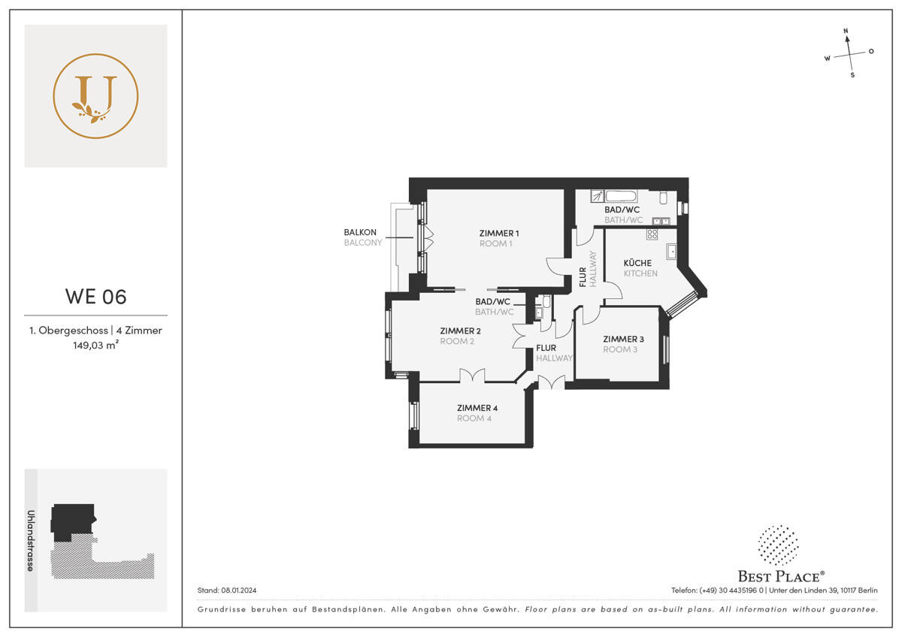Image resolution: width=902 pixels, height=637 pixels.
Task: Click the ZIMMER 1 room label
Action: [x=499, y=233]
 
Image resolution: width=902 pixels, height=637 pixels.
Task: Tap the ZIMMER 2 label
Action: [x=460, y=331]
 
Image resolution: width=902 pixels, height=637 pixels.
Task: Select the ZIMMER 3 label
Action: [x=623, y=339]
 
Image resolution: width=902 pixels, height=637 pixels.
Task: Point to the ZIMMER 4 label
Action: [x=477, y=408]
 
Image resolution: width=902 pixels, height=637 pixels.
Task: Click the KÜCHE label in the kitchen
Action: [x=637, y=263]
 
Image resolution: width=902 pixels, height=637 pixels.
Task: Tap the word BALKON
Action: [x=359, y=233]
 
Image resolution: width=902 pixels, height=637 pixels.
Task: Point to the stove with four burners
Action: [x=651, y=235]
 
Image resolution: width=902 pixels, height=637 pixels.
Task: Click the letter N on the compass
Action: [x=846, y=32]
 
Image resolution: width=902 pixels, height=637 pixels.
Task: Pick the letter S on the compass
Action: [x=852, y=75]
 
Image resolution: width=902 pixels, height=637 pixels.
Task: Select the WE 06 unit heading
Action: [x=95, y=296]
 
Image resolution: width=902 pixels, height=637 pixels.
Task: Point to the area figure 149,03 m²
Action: [x=95, y=346]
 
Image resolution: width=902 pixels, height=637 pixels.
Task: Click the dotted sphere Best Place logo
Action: [x=778, y=546]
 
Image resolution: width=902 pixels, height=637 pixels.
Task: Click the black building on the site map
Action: [x=71, y=521]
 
